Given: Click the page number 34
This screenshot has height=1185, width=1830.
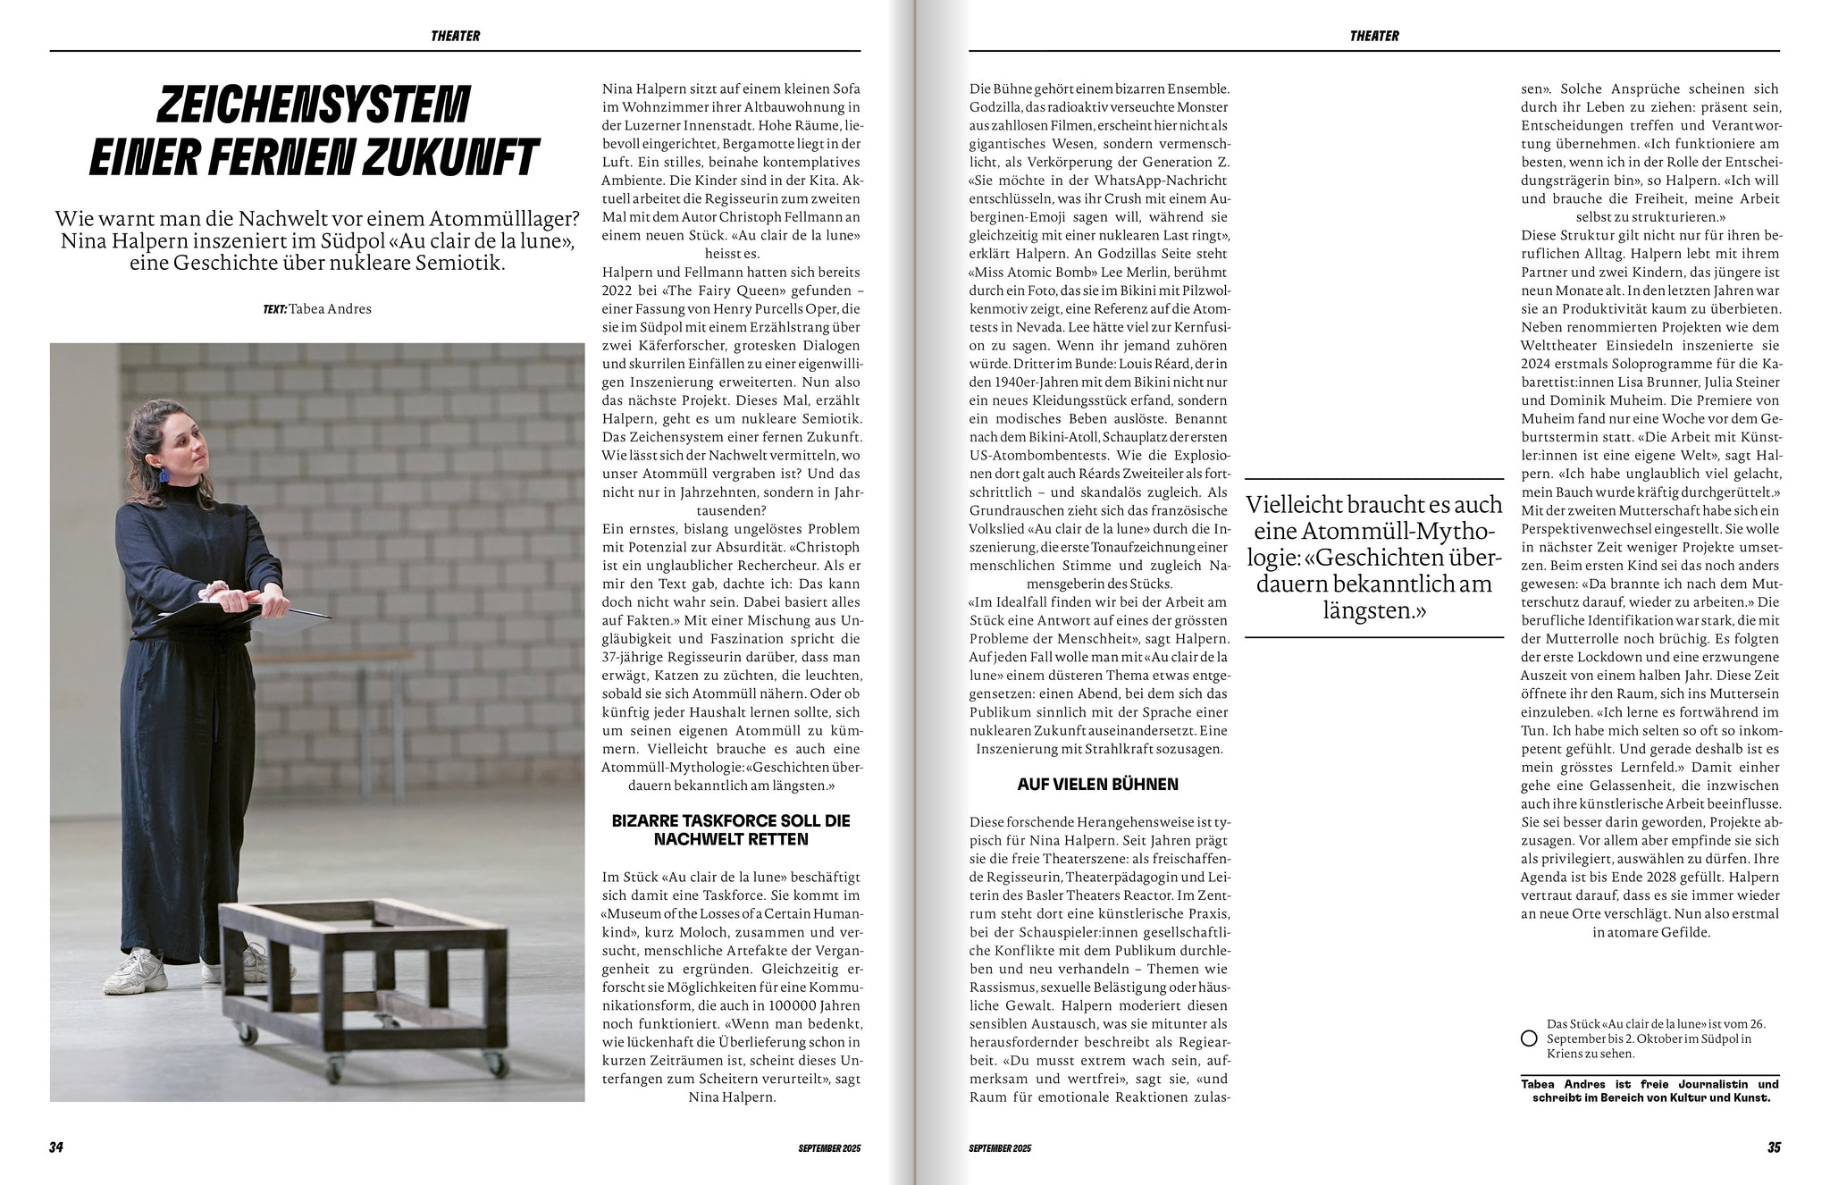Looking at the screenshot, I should point(55,1147).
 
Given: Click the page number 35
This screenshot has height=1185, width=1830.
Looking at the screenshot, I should point(1773,1147).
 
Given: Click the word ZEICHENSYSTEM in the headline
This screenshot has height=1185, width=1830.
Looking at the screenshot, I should point(313,105).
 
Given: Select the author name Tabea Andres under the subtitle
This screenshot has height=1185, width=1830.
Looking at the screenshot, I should point(330,309).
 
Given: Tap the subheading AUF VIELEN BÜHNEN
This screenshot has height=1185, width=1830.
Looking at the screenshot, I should point(1097,785).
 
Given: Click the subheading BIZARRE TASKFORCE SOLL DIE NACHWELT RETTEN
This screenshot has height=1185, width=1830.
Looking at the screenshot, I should point(730,830).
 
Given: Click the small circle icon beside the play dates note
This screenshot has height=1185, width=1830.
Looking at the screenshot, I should point(1528,1038).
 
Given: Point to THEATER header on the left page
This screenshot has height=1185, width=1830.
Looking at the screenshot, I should point(455,37).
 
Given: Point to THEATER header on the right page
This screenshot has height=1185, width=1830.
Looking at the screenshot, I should point(1374,37).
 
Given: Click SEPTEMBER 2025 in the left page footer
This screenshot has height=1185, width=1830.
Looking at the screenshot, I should point(829,1148).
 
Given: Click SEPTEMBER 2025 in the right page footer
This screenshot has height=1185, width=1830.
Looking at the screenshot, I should point(1000,1148).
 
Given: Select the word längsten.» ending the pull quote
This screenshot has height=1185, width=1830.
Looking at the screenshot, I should point(1373,611).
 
